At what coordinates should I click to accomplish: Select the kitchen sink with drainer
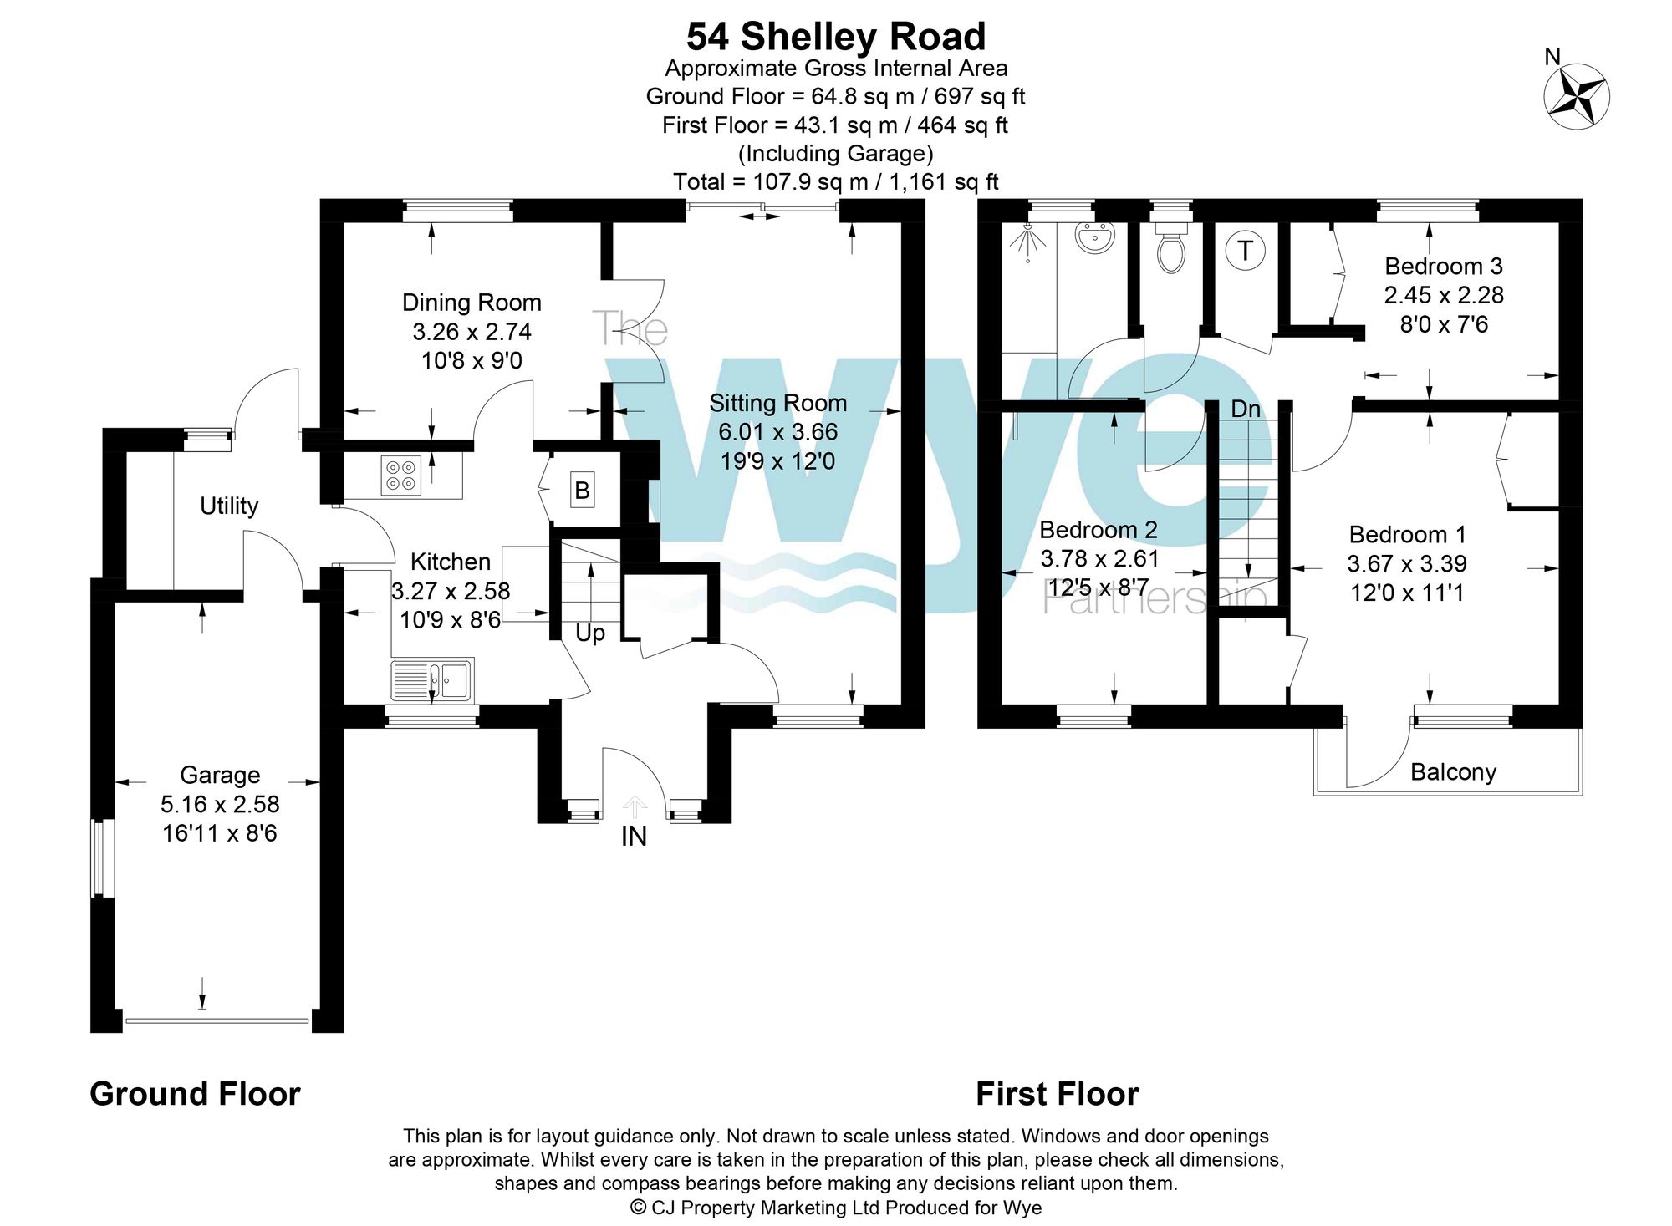coord(432,679)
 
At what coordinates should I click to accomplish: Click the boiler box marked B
coord(583,490)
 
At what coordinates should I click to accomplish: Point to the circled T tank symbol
coord(1246,250)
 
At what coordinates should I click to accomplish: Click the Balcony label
coord(1453,772)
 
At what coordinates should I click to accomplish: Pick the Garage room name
coord(220,776)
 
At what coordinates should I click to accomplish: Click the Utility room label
coord(229,506)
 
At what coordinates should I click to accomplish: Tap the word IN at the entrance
coord(634,836)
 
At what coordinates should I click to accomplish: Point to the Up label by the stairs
coord(590,633)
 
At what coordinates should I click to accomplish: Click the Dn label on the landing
coord(1246,409)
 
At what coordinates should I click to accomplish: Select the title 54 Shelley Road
coord(836,37)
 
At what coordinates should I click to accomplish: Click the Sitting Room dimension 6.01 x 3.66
coord(778,432)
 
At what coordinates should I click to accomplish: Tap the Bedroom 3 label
coord(1444,267)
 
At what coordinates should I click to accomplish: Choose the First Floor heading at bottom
coord(1058,1094)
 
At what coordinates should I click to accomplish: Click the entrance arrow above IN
coord(635,806)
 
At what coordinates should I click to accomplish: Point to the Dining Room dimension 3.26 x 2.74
coord(472,332)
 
